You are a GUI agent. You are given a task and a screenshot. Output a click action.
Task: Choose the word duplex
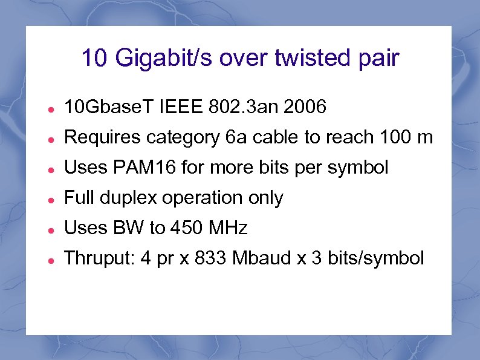tap(134, 198)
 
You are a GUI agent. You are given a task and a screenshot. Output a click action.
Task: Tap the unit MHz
tap(227, 229)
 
